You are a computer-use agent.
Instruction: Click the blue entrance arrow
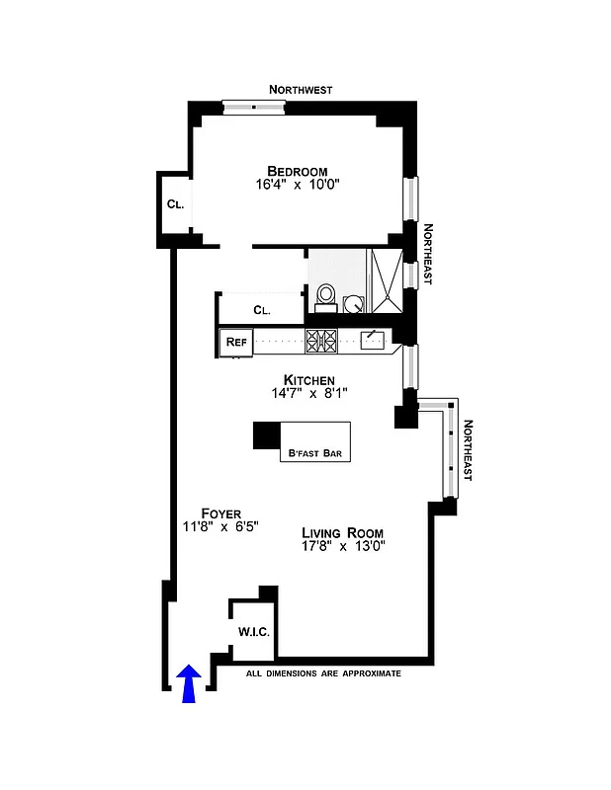[189, 683]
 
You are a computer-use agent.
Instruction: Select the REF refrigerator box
[236, 342]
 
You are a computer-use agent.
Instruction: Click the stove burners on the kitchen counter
[321, 341]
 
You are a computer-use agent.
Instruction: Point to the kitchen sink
[374, 340]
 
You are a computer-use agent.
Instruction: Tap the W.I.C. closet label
[251, 631]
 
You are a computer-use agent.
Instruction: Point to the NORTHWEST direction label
[301, 90]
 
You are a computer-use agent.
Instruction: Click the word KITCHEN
[308, 379]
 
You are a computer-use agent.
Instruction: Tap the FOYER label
[220, 513]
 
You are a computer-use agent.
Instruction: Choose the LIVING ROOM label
[342, 532]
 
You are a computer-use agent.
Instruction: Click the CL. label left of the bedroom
[175, 204]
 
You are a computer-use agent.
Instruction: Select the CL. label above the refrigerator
[261, 310]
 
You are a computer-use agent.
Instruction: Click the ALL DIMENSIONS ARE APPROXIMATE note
[323, 673]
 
